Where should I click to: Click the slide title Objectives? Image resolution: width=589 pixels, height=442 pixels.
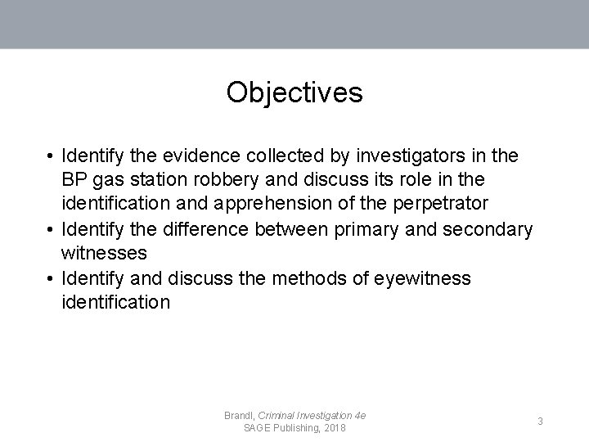point(294,92)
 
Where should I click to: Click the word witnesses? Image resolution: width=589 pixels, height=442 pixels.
point(104,254)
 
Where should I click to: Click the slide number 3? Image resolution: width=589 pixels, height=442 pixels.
point(540,421)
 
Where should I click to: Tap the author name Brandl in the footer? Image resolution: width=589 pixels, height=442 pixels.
point(239,416)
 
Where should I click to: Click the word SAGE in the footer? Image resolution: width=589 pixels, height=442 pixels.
point(260,429)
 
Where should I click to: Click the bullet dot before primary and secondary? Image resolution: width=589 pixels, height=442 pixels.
point(51,229)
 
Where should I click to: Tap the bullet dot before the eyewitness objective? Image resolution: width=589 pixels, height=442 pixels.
point(51,278)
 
